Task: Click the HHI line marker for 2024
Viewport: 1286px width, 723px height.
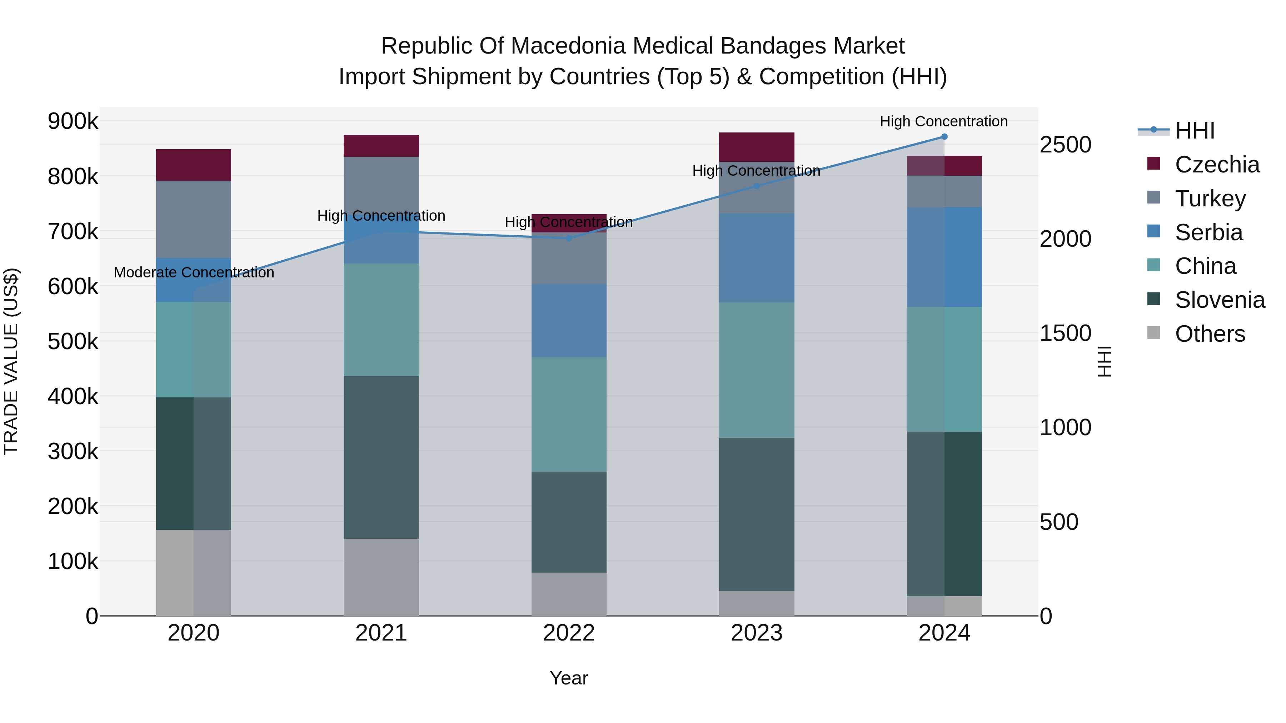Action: click(944, 137)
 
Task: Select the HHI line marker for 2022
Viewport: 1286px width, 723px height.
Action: click(569, 238)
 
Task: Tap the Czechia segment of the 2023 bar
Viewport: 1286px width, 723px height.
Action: click(756, 147)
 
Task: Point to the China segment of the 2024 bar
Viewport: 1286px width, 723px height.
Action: click(944, 369)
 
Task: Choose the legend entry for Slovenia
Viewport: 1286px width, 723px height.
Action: click(1219, 300)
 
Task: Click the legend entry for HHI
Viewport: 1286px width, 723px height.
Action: click(1194, 131)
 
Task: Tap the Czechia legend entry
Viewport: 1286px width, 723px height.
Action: click(1217, 165)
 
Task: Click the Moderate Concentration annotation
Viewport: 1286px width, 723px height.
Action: click(194, 272)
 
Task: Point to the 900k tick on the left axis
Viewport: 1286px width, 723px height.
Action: click(73, 121)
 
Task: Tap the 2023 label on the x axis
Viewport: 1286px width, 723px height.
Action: click(756, 633)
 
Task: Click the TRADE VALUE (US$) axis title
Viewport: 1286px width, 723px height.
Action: click(11, 361)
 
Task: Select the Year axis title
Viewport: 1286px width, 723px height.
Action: click(569, 678)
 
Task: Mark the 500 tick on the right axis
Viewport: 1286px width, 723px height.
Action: click(1059, 522)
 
